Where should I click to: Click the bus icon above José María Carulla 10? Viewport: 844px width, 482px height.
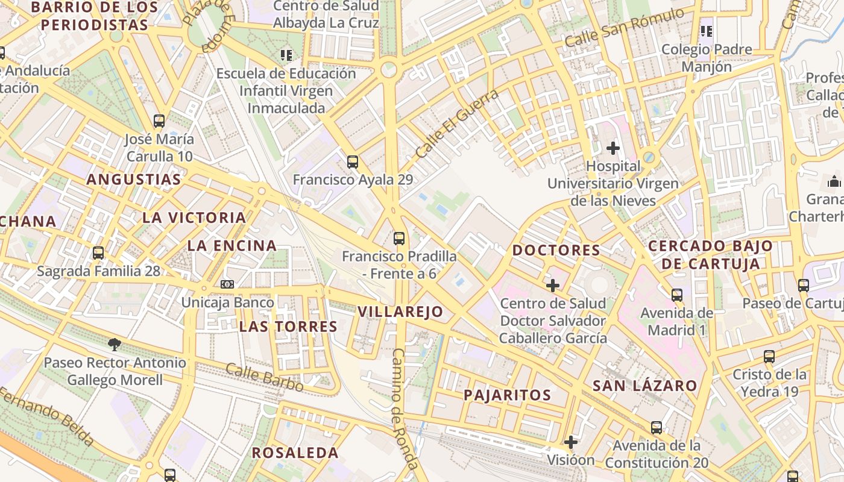(159, 121)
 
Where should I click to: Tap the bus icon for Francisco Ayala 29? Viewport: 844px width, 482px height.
(353, 161)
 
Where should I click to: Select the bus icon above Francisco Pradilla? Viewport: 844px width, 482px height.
(398, 238)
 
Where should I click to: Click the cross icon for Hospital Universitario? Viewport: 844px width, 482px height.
(613, 148)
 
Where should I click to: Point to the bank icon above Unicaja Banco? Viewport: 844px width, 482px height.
(227, 284)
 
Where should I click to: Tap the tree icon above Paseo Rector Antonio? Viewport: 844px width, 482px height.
(114, 345)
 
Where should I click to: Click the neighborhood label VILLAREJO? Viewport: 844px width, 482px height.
(400, 312)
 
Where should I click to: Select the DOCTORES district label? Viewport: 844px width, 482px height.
(556, 250)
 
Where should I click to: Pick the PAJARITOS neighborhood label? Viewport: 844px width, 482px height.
(507, 395)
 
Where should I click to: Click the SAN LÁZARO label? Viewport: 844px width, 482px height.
(644, 386)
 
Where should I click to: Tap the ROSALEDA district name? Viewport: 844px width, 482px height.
(295, 452)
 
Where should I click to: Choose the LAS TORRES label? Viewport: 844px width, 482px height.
(288, 327)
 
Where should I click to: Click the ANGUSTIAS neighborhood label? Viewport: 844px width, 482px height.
(133, 180)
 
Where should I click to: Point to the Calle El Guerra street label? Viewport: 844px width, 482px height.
(457, 124)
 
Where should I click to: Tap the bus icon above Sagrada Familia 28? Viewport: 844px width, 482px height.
(98, 253)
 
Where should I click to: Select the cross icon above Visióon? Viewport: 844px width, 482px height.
(570, 442)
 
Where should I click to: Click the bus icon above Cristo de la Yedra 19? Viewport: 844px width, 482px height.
(769, 356)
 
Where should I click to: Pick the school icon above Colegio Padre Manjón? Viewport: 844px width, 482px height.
(707, 31)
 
